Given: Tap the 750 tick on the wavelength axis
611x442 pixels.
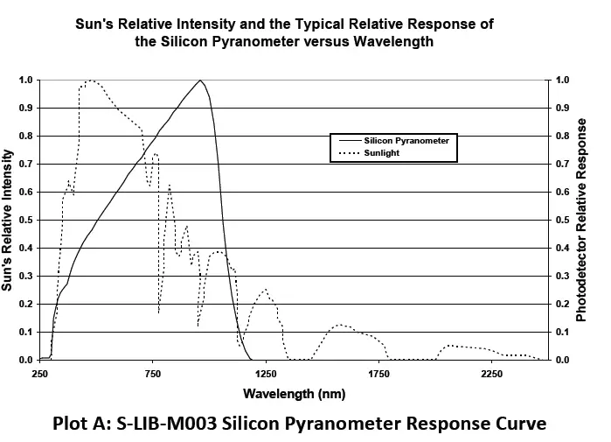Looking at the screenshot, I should point(153,375).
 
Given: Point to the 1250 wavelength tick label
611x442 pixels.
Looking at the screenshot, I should point(266,375).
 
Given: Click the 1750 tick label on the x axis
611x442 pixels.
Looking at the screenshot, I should point(378,375).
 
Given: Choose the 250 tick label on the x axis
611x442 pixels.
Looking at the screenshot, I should point(39,375).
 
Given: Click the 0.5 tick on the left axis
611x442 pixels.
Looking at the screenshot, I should point(26,221).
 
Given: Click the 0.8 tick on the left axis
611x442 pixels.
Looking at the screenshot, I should point(26,137).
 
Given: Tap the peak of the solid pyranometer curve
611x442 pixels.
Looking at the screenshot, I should point(200,81).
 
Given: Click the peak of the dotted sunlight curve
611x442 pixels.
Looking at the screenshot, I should point(89,81).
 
